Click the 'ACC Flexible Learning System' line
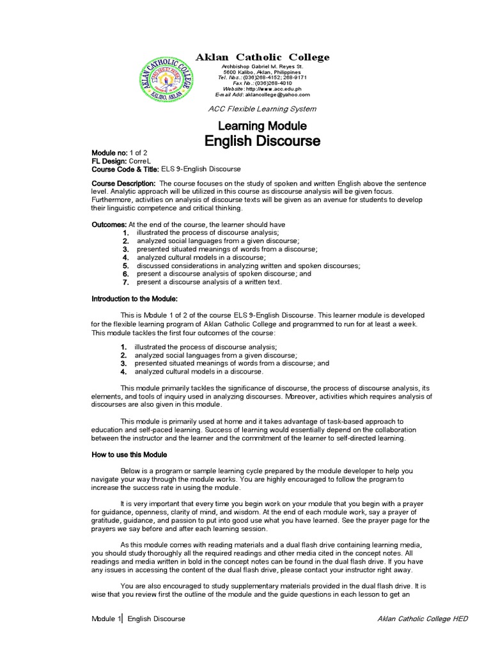(262, 109)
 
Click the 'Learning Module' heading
(262, 126)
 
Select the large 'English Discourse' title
(262, 141)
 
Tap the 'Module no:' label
(109, 153)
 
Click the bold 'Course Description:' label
(123, 184)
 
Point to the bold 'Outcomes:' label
(110, 225)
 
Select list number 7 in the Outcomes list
(126, 282)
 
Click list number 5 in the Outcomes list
(126, 265)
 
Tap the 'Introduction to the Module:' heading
(134, 299)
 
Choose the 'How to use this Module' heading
(129, 454)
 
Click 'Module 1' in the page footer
(105, 619)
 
